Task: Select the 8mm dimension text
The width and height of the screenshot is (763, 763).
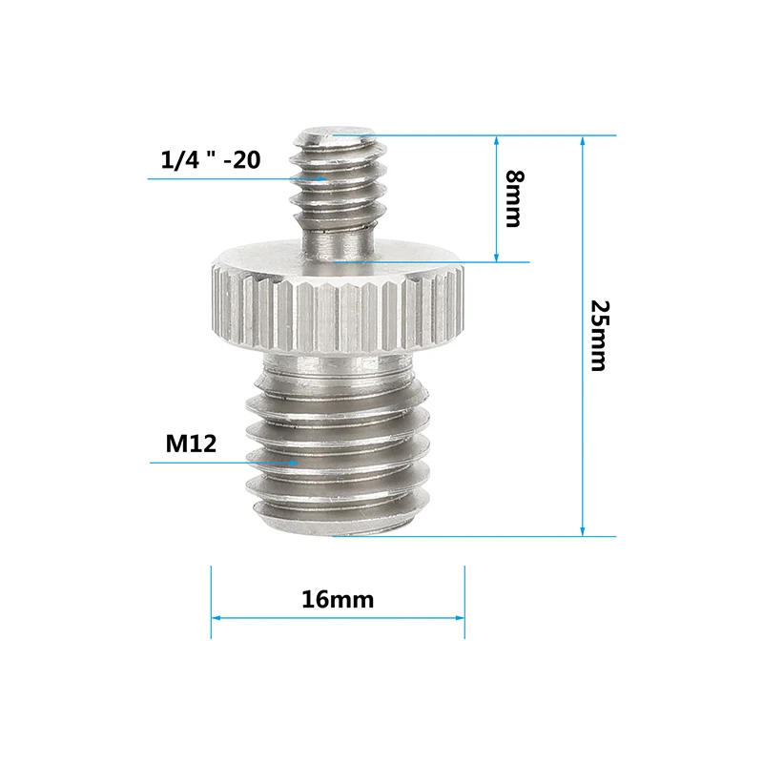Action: pyautogui.click(x=513, y=198)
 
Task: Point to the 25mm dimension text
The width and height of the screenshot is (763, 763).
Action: pyautogui.click(x=598, y=336)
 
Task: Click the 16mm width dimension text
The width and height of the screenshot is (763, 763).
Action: pyautogui.click(x=338, y=600)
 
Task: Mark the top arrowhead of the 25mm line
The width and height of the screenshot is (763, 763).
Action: pyautogui.click(x=582, y=140)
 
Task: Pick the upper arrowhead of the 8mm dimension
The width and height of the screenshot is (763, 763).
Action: pyautogui.click(x=496, y=140)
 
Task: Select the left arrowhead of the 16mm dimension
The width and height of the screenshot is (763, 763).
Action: pyautogui.click(x=217, y=618)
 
